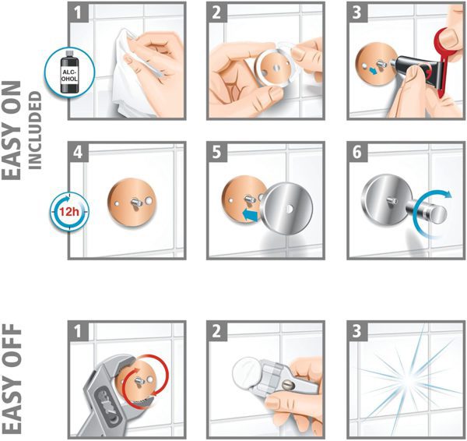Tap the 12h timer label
click(x=68, y=212)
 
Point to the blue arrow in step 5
click(x=250, y=215)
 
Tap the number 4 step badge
click(x=79, y=153)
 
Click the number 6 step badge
click(x=357, y=153)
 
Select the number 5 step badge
click(x=217, y=153)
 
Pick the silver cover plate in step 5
click(x=287, y=209)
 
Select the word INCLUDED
click(x=35, y=130)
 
